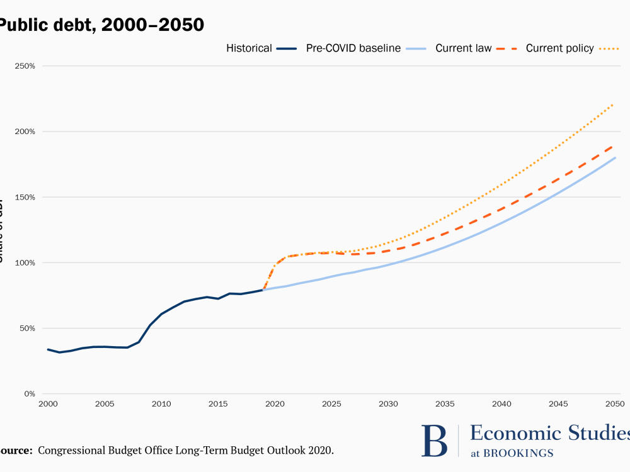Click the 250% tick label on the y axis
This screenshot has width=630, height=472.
(25, 66)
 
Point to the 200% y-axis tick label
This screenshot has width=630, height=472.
(25, 132)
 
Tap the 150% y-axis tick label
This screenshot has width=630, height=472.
(25, 197)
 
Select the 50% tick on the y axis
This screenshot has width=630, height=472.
(26, 329)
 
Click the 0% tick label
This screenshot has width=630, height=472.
(29, 394)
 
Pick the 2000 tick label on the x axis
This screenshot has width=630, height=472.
(47, 404)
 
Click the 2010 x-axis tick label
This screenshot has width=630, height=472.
(161, 404)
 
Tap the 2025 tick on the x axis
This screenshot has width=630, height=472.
(331, 404)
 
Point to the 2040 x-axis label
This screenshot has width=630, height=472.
(501, 404)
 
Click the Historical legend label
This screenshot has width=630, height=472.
(249, 48)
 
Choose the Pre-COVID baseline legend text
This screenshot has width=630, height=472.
(353, 48)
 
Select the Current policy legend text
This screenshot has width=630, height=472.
(559, 48)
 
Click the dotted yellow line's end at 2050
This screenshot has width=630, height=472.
(614, 104)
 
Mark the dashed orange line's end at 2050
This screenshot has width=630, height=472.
(614, 145)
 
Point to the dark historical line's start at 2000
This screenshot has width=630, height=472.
(48, 349)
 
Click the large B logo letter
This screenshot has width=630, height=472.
(434, 440)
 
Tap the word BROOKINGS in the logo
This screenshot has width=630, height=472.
(523, 453)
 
